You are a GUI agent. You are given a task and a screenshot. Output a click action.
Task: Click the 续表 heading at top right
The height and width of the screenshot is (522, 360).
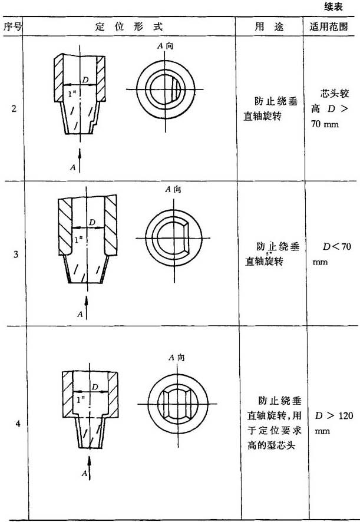[x=333, y=7]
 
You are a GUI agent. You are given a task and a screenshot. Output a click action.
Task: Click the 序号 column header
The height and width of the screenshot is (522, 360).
[x=12, y=27]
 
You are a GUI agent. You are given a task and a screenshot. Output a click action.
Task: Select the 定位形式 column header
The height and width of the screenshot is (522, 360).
[x=129, y=27]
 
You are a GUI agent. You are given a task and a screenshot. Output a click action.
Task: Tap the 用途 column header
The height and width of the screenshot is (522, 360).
[x=269, y=27]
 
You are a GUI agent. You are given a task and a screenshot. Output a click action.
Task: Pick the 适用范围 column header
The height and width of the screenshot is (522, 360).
[x=329, y=27]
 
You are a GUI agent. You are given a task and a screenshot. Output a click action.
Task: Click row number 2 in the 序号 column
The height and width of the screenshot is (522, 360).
[x=14, y=109]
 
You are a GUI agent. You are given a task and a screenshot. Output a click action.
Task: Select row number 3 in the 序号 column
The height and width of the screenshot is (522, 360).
[x=16, y=255]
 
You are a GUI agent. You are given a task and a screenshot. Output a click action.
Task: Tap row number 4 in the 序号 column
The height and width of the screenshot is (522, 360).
[x=18, y=424]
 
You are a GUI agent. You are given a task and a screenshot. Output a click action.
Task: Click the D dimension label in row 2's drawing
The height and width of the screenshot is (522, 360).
[x=85, y=80]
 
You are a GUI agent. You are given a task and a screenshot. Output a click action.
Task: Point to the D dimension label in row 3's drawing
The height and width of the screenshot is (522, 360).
[x=93, y=222]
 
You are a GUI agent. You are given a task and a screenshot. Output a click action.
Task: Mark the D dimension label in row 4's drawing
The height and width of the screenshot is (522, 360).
[x=95, y=387]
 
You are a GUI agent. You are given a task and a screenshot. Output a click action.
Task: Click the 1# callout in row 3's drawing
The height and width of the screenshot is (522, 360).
[x=78, y=239]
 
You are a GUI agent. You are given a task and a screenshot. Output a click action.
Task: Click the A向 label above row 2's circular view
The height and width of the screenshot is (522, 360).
[x=165, y=46]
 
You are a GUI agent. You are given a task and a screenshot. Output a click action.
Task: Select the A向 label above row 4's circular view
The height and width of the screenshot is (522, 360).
[x=177, y=358]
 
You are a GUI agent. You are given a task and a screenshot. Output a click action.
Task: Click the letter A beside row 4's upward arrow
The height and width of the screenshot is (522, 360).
[x=85, y=473]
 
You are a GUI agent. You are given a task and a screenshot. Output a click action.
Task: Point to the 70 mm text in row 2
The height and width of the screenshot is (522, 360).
[x=325, y=124]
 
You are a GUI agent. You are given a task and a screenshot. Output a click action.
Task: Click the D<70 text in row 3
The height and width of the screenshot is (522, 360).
[x=336, y=247]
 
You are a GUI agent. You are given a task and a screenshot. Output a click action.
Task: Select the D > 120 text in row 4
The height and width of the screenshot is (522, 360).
[x=334, y=415]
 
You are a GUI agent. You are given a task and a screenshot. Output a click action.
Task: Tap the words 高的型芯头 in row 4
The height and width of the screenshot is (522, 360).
[x=271, y=445]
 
